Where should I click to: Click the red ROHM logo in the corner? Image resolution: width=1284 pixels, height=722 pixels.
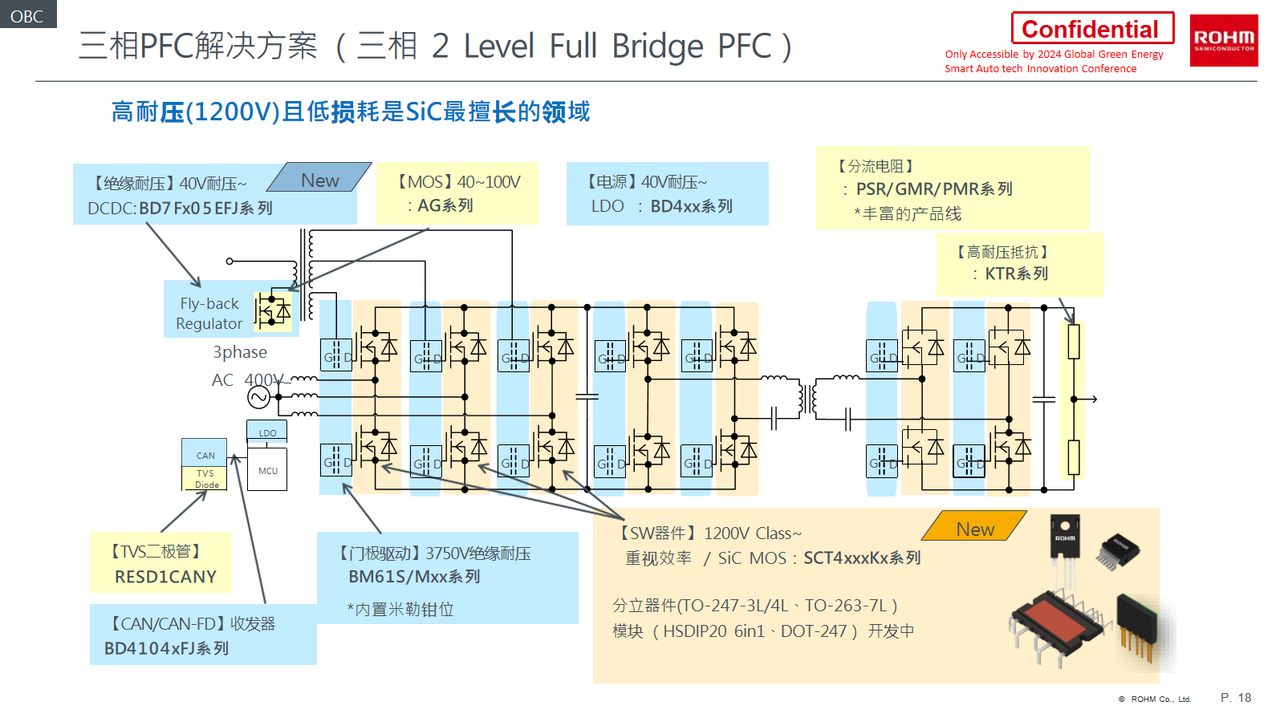pyautogui.click(x=1223, y=40)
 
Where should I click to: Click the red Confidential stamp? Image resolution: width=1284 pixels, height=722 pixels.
pyautogui.click(x=1091, y=29)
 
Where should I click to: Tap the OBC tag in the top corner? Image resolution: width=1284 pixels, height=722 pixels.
pyautogui.click(x=27, y=15)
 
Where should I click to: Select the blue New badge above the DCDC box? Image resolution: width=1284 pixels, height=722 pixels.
pyautogui.click(x=319, y=180)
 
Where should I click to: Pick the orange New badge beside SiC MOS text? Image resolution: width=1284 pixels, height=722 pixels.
pyautogui.click(x=974, y=528)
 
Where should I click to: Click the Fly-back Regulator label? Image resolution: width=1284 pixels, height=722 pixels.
pyautogui.click(x=209, y=314)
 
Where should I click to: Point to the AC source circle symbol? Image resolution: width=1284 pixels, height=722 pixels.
pyautogui.click(x=258, y=397)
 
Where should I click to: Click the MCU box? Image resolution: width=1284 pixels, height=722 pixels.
pyautogui.click(x=267, y=470)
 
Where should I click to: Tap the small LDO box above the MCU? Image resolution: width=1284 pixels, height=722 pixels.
pyautogui.click(x=267, y=432)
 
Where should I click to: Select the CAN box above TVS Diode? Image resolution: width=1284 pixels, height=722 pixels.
pyautogui.click(x=205, y=454)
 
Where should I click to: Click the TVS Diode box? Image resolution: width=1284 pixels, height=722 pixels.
pyautogui.click(x=206, y=479)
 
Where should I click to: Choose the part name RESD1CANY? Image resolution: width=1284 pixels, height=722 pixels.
pyautogui.click(x=165, y=577)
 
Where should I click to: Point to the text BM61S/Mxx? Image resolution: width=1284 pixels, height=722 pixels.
pyautogui.click(x=398, y=577)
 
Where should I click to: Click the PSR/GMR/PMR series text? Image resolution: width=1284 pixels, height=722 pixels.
pyautogui.click(x=934, y=189)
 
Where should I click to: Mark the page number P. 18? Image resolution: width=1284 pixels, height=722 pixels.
pyautogui.click(x=1235, y=698)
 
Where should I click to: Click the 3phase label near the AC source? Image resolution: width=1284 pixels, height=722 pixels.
pyautogui.click(x=239, y=352)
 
